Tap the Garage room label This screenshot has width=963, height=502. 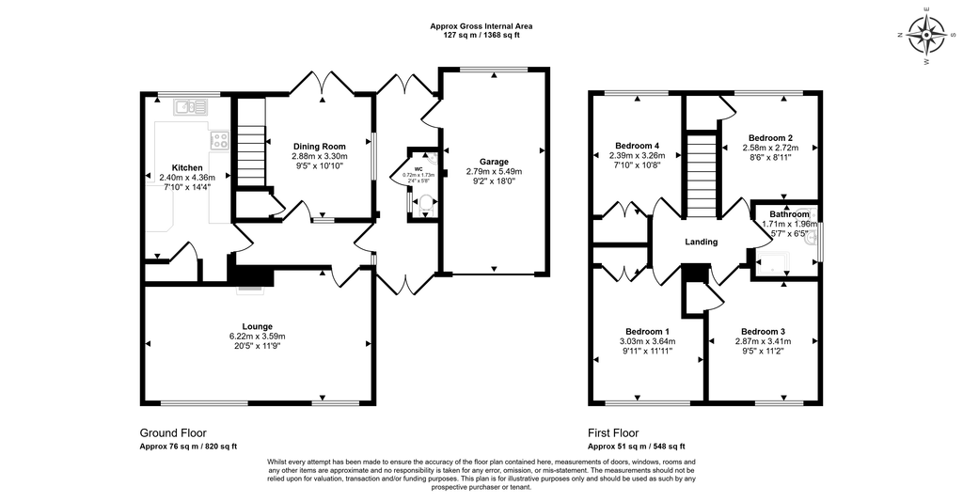click(x=493, y=161)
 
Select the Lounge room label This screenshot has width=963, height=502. click(x=257, y=326)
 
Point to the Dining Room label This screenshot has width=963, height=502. click(x=320, y=146)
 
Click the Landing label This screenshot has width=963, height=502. click(x=701, y=242)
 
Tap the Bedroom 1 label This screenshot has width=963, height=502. click(x=646, y=331)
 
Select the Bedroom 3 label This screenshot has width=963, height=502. click(x=762, y=331)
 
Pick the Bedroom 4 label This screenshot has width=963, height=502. click(x=637, y=145)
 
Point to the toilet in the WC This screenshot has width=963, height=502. click(x=424, y=201)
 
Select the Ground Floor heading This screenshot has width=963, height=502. click(x=173, y=432)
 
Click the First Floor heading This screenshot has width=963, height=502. click(x=613, y=432)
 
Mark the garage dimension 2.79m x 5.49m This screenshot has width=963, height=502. click(x=493, y=172)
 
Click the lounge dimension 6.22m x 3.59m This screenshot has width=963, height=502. click(x=257, y=337)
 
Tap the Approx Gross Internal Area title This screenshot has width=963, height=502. click(x=481, y=26)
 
